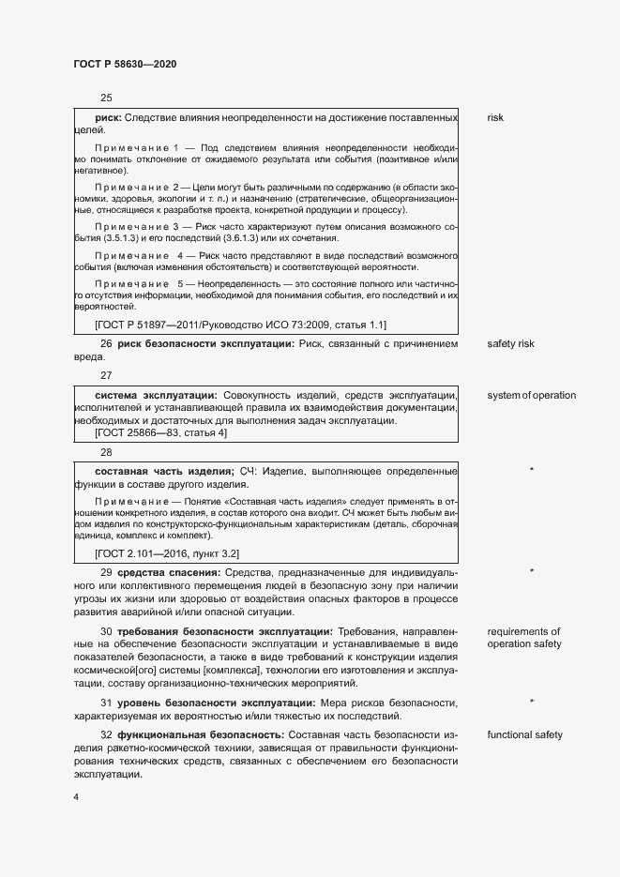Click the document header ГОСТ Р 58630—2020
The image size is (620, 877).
pos(125,64)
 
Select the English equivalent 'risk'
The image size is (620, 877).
pos(495,118)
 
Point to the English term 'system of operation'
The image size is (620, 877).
pos(531,395)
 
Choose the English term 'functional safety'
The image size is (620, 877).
pos(524,734)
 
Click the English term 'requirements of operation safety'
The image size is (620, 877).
pos(523,638)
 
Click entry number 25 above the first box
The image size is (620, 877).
pos(106,98)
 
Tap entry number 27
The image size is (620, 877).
pos(106,375)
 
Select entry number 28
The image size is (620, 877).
pos(106,451)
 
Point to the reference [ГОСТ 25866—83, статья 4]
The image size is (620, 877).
pos(174,433)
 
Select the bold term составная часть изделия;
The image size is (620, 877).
pos(164,470)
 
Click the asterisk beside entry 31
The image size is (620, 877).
pos(532,702)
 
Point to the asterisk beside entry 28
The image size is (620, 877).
pos(532,470)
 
